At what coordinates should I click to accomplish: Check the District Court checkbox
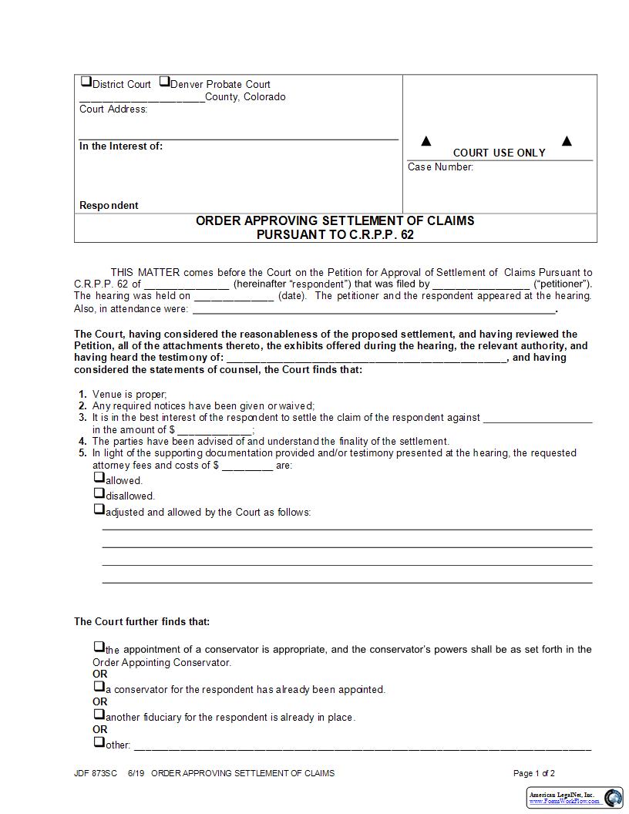tap(86, 82)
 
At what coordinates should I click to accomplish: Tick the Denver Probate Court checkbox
tap(164, 82)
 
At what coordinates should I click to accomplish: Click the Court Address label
tap(113, 109)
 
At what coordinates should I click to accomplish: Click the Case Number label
tap(440, 167)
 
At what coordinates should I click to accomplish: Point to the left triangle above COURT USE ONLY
tap(425, 141)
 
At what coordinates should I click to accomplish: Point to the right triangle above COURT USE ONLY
tap(567, 141)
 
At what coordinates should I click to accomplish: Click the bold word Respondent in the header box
tap(109, 206)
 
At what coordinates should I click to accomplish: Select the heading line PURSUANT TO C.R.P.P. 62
tap(335, 234)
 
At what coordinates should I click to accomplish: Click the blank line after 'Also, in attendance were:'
tap(373, 310)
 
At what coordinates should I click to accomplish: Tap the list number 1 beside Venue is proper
tap(82, 395)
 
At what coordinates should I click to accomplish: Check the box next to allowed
tap(99, 478)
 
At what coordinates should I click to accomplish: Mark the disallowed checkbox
tap(99, 493)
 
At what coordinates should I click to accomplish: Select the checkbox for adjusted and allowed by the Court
tap(99, 510)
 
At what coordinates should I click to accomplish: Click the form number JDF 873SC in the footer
tap(96, 773)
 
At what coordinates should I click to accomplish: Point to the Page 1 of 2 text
tap(533, 773)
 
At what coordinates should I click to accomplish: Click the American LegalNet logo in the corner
tap(575, 798)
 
